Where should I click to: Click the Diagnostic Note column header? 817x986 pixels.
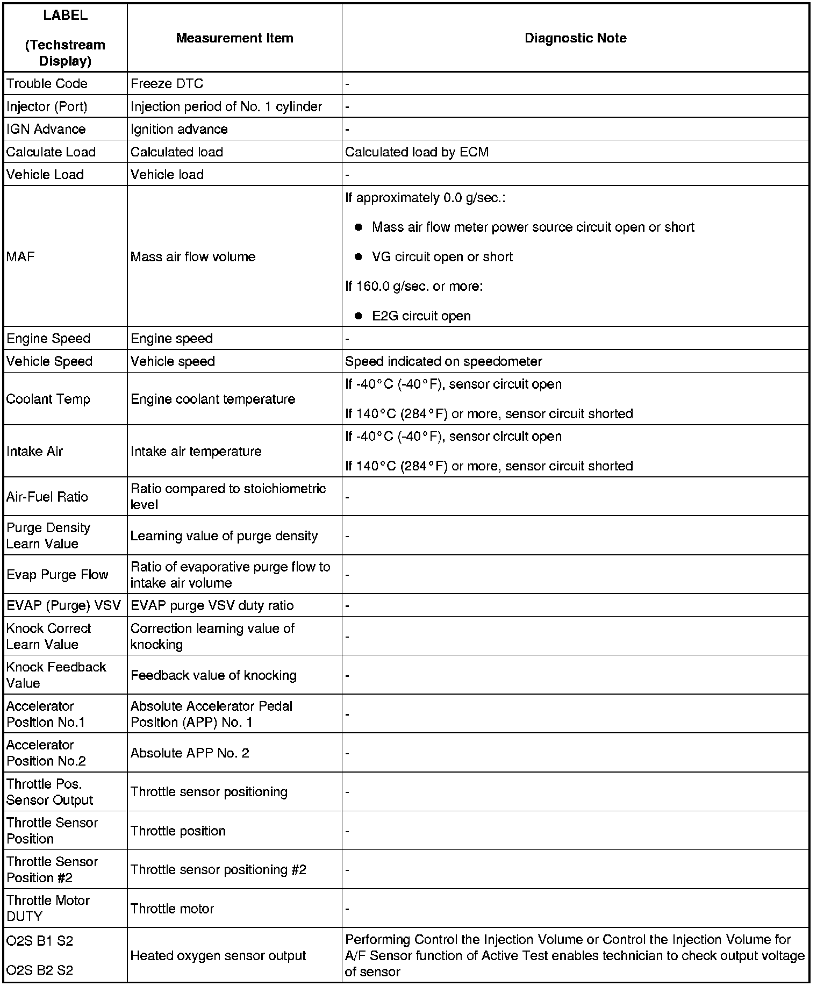575,38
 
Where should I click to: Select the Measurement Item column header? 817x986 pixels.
234,38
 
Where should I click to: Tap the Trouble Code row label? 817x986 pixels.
47,84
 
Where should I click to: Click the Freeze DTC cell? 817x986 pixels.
167,84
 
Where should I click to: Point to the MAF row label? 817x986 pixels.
20,256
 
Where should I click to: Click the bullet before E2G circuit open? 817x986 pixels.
359,316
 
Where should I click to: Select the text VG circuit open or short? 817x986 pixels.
442,257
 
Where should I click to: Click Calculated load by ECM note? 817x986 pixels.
417,152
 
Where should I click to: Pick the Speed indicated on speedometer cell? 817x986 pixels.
443,361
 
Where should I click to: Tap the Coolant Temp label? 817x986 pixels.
48,399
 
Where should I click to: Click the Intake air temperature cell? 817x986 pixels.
196,451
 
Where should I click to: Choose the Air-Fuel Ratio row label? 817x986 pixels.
47,497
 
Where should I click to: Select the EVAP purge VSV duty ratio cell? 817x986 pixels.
212,605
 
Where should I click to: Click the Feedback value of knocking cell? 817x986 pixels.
213,675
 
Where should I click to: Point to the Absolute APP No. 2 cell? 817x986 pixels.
190,753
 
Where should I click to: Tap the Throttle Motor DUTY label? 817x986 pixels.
48,908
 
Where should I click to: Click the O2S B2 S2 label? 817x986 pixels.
40,970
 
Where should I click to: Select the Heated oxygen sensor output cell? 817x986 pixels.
218,955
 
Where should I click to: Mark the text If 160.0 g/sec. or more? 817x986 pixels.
414,286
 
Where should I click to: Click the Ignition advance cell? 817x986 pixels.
179,129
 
